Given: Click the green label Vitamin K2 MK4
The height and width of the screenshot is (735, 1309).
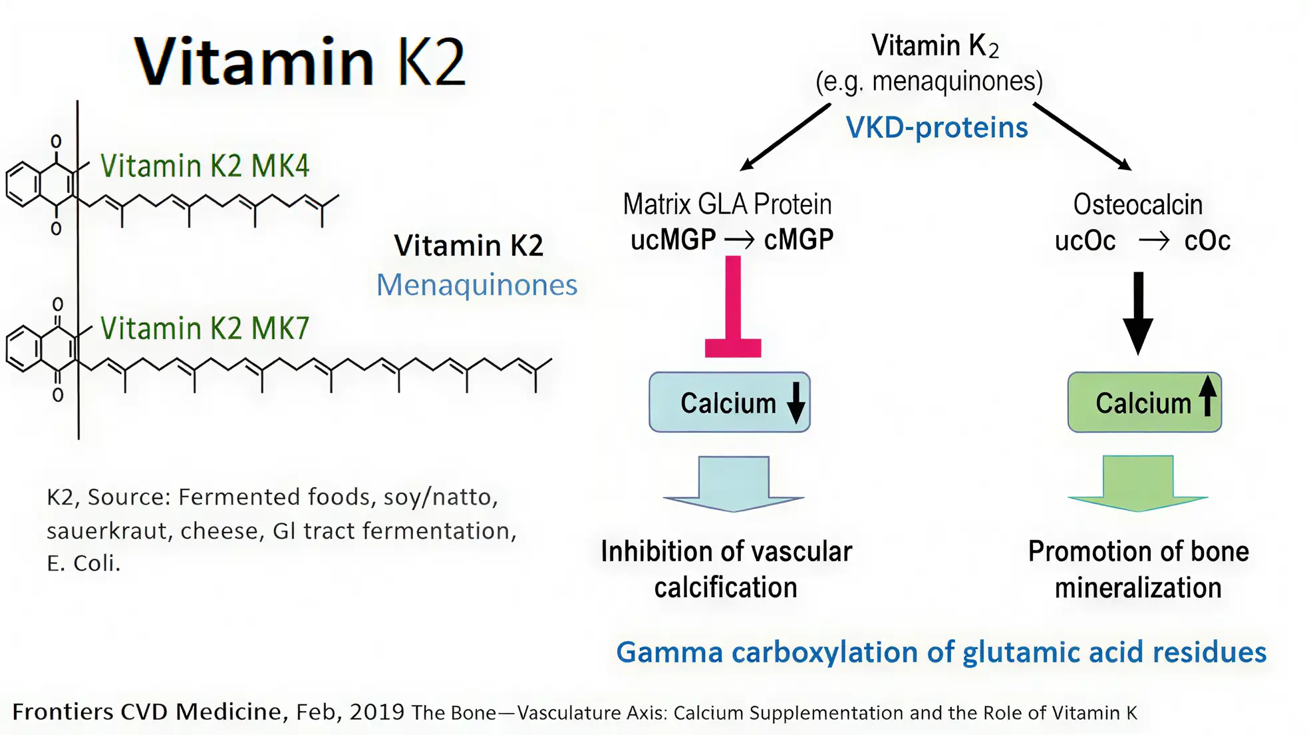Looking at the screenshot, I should [x=204, y=166].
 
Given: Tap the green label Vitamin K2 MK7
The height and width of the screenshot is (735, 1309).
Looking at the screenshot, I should [x=204, y=328].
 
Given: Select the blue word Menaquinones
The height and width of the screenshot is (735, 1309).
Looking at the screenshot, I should [x=476, y=285].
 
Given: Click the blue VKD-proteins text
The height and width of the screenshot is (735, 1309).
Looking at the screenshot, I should [x=937, y=128].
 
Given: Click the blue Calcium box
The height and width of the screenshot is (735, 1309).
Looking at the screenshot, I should [x=729, y=402].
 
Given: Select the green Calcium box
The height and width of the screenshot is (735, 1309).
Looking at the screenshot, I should [x=1144, y=402].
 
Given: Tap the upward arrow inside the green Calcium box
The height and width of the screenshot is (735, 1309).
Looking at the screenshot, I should [x=1208, y=395].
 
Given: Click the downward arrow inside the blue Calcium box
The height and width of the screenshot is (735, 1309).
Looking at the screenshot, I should [x=796, y=403].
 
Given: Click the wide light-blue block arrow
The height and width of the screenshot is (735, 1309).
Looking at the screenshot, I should [x=734, y=484].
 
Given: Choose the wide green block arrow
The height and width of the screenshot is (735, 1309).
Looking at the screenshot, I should [x=1138, y=484].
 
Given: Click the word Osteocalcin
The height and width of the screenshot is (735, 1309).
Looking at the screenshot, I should [x=1137, y=205].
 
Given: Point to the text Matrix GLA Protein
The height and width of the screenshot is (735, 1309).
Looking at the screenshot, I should [x=727, y=204].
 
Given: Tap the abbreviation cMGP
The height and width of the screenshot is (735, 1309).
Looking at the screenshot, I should [x=798, y=240].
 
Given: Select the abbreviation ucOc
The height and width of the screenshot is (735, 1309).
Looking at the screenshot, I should [x=1085, y=241].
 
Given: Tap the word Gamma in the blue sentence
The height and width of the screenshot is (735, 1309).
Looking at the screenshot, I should [x=668, y=652].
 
